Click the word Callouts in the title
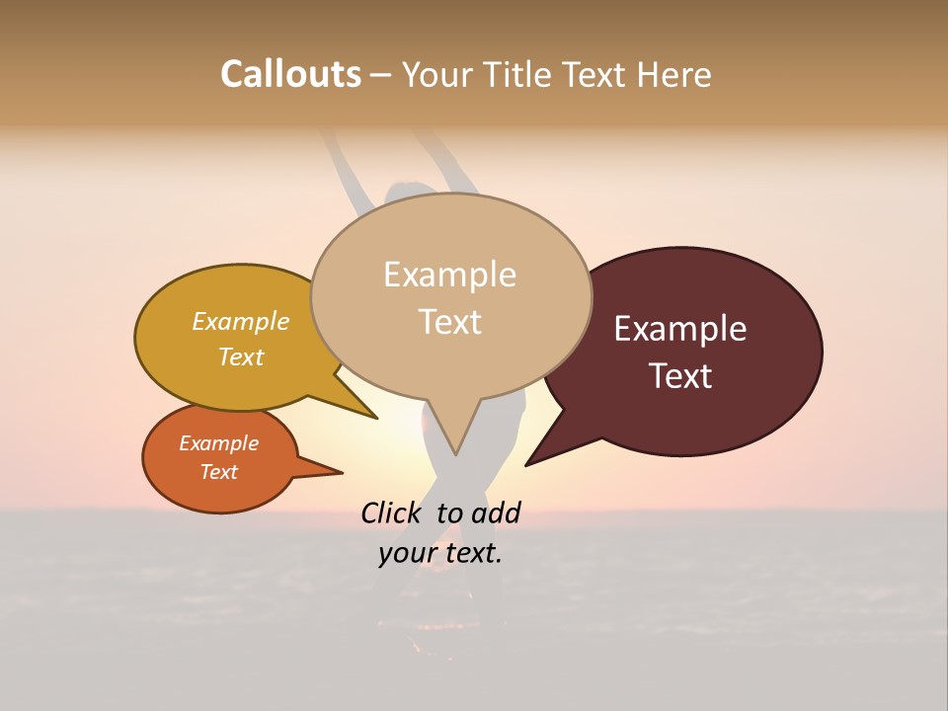290,74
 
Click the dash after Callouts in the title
381,75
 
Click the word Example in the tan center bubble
449,275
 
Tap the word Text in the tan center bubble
449,322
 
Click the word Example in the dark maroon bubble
679,329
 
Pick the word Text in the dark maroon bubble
679,376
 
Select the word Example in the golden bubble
240,322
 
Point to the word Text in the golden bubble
240,356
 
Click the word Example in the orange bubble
218,443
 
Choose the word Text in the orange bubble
218,472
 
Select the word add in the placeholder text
496,513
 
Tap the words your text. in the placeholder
440,553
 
